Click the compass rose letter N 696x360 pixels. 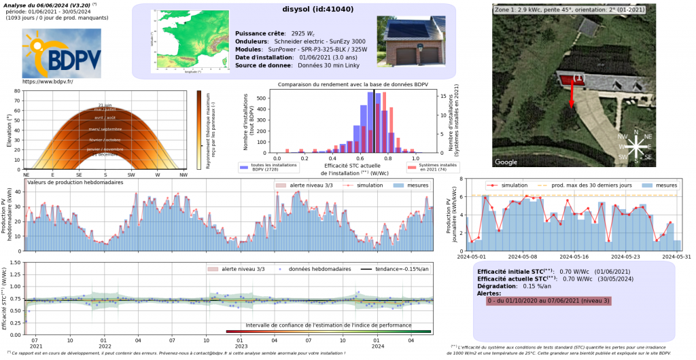[636, 132]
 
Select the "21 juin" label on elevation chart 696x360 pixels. [105, 105]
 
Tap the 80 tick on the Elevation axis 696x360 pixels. [17, 91]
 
